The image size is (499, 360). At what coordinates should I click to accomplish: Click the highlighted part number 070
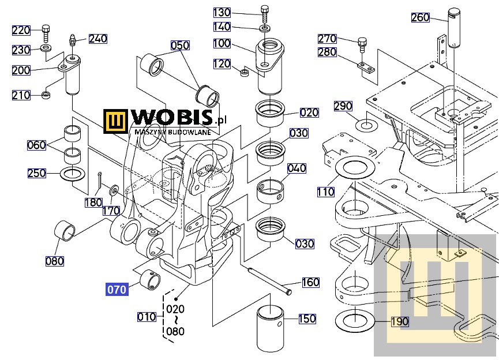117,290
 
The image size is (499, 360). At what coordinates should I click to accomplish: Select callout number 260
421,18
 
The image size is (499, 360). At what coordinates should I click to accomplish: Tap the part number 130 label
222,12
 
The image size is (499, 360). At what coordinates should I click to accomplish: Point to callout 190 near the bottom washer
400,321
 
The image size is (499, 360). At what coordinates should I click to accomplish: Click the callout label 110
325,192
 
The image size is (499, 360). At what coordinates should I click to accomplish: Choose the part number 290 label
343,106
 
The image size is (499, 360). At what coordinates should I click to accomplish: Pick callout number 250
37,173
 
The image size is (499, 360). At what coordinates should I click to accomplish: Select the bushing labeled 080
64,230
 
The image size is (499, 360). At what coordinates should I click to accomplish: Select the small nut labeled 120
244,72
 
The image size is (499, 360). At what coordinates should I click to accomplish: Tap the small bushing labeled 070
151,280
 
